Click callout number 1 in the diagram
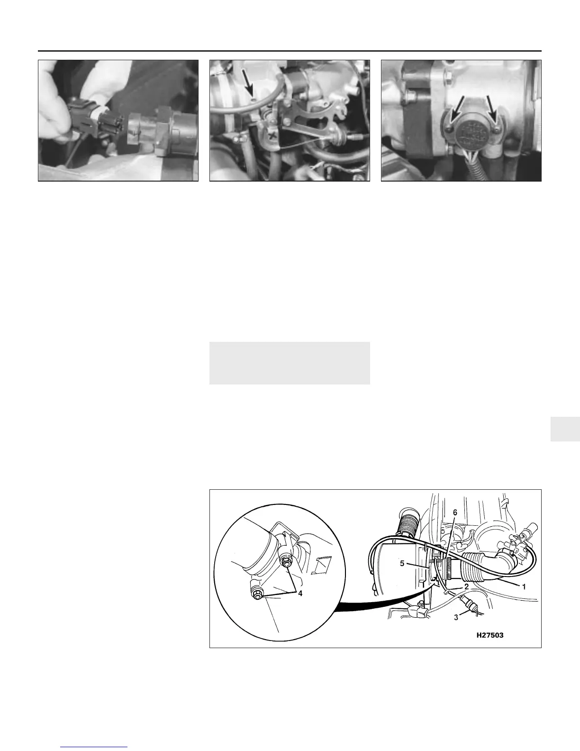pyautogui.click(x=524, y=586)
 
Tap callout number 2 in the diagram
pyautogui.click(x=466, y=586)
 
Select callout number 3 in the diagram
pyautogui.click(x=456, y=618)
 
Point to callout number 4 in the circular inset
pyautogui.click(x=300, y=593)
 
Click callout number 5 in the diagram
pyautogui.click(x=402, y=563)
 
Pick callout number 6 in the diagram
pyautogui.click(x=455, y=513)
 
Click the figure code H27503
pyautogui.click(x=490, y=635)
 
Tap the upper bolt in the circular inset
pyautogui.click(x=286, y=562)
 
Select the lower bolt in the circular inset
pyautogui.click(x=257, y=593)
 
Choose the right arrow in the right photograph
pyautogui.click(x=492, y=110)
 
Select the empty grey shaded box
pyautogui.click(x=290, y=363)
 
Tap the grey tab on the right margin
pyautogui.click(x=565, y=429)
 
